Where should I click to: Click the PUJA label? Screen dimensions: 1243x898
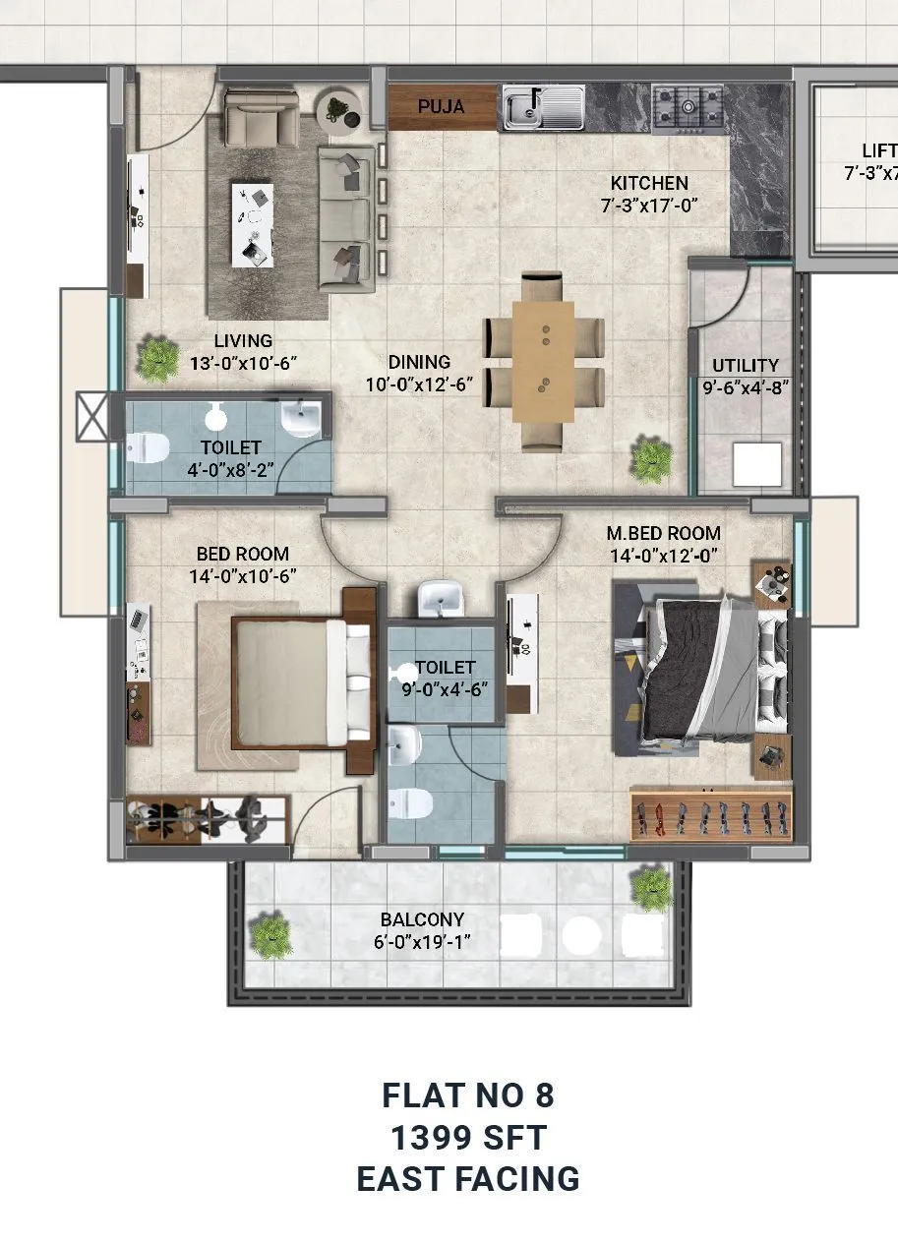tap(441, 107)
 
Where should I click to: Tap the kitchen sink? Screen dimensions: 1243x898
tap(543, 107)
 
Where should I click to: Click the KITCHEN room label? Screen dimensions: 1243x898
tap(649, 183)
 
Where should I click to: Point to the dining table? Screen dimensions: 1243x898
tap(543, 362)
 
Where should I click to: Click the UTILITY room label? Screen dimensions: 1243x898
tap(746, 365)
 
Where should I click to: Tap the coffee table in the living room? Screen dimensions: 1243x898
tap(253, 224)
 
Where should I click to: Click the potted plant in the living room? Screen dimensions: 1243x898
tap(157, 358)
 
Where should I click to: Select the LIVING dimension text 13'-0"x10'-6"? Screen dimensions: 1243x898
tap(243, 363)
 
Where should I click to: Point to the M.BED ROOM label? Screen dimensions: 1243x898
tap(663, 533)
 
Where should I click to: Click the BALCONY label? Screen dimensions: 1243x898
tap(422, 920)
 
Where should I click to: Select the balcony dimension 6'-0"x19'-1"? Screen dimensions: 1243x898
tap(422, 942)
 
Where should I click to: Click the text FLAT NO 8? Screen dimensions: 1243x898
tap(468, 1095)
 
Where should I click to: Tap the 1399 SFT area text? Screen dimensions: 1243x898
tap(468, 1138)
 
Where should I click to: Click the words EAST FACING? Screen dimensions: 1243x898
tap(468, 1179)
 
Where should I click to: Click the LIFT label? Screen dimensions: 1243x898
tap(878, 150)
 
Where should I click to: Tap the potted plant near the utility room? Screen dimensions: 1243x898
tap(651, 459)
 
